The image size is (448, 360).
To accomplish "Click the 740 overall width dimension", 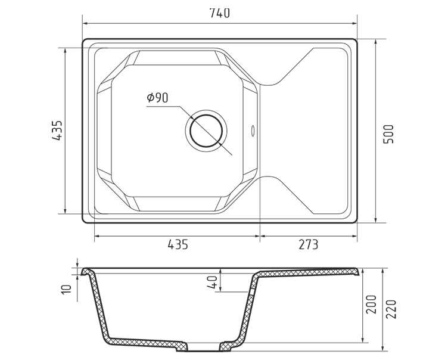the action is click(x=219, y=13).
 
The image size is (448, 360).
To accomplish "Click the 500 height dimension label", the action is click(x=388, y=134).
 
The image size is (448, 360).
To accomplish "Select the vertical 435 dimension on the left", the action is click(x=57, y=130).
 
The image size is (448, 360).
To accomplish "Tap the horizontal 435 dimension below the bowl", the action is click(x=178, y=245).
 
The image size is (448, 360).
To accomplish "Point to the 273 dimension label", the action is click(x=309, y=245).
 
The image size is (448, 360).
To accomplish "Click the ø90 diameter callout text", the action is click(x=157, y=98).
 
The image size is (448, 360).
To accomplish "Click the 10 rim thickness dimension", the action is click(x=66, y=289).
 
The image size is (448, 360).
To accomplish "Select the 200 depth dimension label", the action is click(x=371, y=305).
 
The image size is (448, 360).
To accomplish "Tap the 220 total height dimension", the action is click(x=391, y=309).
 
